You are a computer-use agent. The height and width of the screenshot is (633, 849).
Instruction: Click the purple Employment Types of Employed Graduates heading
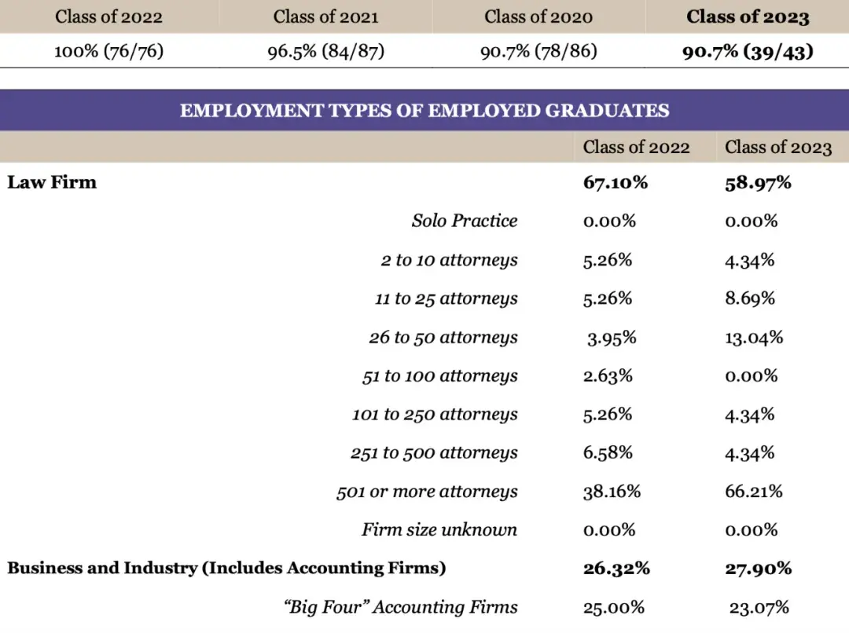pos(424,111)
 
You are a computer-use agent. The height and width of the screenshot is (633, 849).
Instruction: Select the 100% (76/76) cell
pos(108,52)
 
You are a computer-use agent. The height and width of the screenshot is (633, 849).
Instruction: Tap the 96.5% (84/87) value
pos(325,52)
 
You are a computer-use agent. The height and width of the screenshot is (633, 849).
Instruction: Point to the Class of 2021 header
pos(325,16)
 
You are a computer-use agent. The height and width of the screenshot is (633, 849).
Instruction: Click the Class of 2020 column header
pos(538,16)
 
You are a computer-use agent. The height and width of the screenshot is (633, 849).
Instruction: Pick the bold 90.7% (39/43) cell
pos(748,52)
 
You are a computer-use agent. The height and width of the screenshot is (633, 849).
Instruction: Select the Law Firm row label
pos(52,182)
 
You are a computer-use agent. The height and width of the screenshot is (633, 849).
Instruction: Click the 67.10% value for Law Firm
pos(616,183)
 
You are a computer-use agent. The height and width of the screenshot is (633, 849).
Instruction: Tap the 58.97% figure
pos(758,183)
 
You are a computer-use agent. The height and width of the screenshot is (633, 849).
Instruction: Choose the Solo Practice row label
pos(465,221)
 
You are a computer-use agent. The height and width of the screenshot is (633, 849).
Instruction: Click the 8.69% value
pos(750,298)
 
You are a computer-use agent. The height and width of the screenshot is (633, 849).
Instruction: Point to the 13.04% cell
pos(754,338)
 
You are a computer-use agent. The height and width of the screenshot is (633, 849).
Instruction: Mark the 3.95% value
pos(612,338)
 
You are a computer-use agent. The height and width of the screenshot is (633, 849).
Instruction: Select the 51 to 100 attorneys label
pos(439,376)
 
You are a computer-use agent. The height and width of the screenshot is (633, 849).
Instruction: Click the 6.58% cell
pos(608,453)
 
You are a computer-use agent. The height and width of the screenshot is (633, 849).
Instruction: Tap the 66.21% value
pos(754,492)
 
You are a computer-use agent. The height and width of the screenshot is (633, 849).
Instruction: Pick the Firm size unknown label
pos(439,530)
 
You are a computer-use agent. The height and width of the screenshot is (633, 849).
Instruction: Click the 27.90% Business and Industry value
pos(758,569)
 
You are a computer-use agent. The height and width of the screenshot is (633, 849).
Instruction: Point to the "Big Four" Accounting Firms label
pos(401,607)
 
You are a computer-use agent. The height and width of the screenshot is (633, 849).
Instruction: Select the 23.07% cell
pos(759,607)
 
